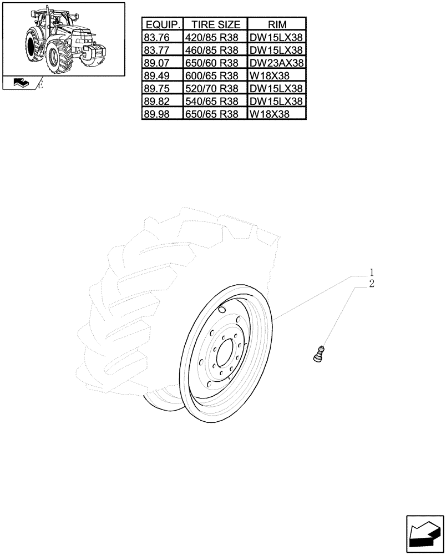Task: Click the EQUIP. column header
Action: click(163, 24)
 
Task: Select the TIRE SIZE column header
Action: click(216, 24)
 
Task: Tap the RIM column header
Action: click(276, 24)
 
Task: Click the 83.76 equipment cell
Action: click(156, 37)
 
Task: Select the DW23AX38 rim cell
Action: click(276, 63)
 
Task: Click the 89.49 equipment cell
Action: click(156, 75)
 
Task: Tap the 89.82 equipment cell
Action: click(156, 102)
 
